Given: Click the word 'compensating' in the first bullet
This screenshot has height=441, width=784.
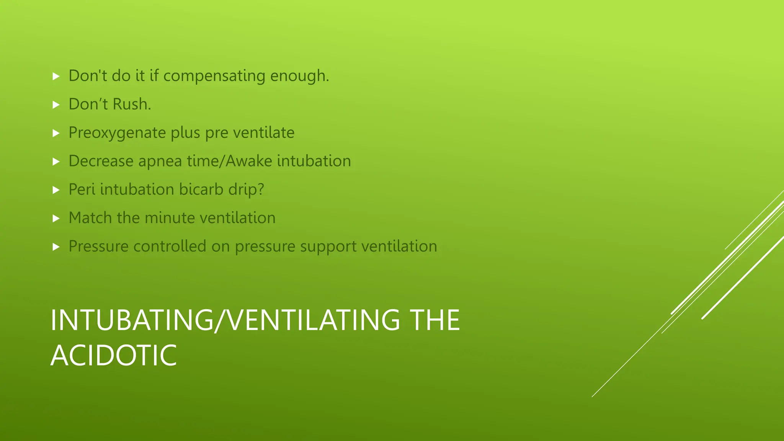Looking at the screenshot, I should [x=214, y=76].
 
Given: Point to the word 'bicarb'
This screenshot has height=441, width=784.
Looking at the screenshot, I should [x=201, y=189].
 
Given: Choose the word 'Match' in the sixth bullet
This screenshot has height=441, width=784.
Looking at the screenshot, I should [x=90, y=218].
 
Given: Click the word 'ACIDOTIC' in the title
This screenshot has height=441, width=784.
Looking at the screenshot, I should [x=114, y=355].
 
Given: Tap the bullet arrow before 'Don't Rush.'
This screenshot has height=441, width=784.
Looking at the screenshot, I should [x=56, y=105].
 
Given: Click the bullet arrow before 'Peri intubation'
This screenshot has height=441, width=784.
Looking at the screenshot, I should [x=56, y=190].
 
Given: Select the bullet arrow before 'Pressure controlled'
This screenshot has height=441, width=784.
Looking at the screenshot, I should [x=56, y=247].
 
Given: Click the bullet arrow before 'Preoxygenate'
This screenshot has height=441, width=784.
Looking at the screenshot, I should [x=56, y=133].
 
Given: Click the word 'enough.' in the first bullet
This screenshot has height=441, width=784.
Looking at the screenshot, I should [x=299, y=76].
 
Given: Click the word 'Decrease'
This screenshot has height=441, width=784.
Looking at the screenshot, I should [x=101, y=161].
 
